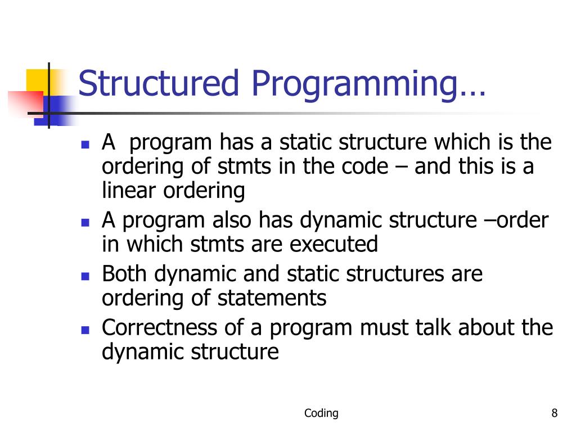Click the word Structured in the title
160,83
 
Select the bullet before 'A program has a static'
85,144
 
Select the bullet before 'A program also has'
85,222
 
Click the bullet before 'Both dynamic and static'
85,276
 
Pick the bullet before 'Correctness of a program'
85,330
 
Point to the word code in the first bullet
363,168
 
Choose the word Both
125,274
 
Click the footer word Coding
321,414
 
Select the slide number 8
555,414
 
